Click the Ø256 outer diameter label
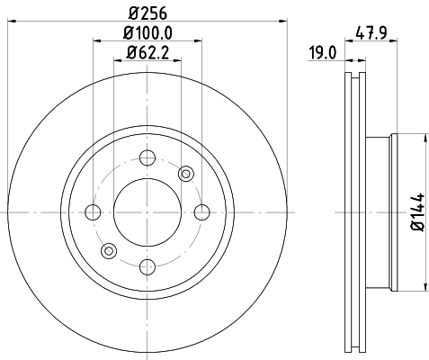(x=147, y=13)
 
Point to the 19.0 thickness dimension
(x=322, y=52)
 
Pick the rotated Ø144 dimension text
(x=416, y=213)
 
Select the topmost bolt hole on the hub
(x=147, y=159)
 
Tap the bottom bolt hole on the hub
(x=147, y=265)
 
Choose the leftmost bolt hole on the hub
(x=93, y=212)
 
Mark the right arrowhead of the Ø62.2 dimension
(x=174, y=59)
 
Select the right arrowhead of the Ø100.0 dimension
(x=195, y=39)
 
